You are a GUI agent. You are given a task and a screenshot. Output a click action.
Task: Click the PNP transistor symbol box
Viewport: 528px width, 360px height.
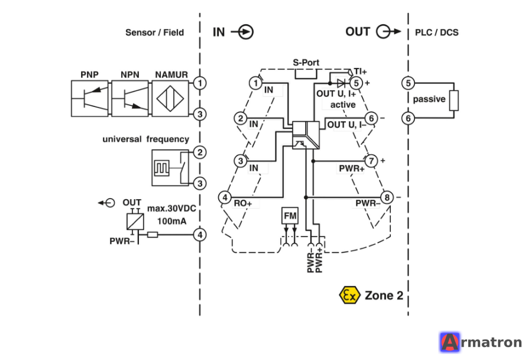click(x=89, y=98)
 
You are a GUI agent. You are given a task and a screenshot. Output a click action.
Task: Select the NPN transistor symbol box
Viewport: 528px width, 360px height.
click(x=130, y=98)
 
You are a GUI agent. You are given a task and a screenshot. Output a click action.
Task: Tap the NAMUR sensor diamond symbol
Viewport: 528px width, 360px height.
click(x=170, y=99)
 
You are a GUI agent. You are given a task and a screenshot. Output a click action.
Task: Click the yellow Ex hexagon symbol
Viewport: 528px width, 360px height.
click(x=349, y=296)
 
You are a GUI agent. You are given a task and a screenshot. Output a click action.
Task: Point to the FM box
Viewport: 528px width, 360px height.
click(x=290, y=216)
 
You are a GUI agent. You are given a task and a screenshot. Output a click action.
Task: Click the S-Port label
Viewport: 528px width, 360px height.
click(x=306, y=62)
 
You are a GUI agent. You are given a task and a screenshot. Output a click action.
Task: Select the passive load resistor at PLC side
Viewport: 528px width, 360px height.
click(x=454, y=100)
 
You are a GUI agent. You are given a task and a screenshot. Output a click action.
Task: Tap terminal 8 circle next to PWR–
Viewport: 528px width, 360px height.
click(x=387, y=197)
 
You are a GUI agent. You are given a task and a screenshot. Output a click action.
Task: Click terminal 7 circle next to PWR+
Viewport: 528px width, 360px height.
click(x=371, y=161)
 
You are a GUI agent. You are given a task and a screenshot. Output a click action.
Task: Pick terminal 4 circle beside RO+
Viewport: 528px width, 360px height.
click(x=225, y=197)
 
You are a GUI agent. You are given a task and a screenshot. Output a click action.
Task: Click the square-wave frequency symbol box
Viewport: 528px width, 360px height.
click(x=161, y=168)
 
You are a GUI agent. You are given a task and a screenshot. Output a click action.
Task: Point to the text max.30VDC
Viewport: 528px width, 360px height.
click(x=171, y=209)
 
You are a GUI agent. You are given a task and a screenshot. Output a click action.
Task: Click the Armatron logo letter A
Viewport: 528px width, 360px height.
click(x=450, y=342)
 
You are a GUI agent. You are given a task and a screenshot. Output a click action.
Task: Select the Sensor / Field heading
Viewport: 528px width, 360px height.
click(x=154, y=33)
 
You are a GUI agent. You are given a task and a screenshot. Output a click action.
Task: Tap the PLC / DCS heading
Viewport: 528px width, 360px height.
click(x=437, y=33)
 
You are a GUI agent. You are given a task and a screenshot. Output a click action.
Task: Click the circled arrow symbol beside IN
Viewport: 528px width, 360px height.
click(x=242, y=32)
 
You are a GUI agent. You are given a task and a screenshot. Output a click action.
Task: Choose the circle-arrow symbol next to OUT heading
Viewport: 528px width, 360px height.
click(x=388, y=32)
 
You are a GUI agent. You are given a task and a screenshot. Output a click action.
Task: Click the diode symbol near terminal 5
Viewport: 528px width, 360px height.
click(x=341, y=83)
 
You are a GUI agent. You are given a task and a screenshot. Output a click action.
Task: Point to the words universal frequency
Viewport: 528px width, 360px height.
click(x=146, y=140)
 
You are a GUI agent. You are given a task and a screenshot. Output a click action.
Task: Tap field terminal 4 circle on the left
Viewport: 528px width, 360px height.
click(x=200, y=235)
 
